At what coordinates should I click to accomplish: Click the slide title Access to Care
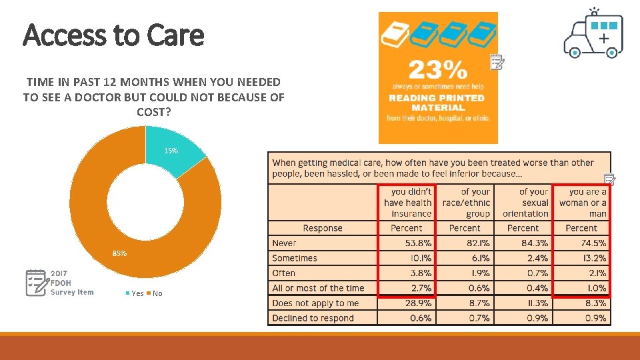point(113,35)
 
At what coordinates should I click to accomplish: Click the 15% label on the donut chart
point(171,151)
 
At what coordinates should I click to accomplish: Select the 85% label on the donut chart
point(119,253)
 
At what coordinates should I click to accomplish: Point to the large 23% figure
point(437,69)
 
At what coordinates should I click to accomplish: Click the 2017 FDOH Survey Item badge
point(60,283)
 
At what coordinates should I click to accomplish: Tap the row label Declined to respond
point(313,318)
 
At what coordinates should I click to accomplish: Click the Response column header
point(322,228)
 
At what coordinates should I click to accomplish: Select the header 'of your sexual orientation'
point(526,203)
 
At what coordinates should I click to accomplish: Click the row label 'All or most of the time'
point(318,288)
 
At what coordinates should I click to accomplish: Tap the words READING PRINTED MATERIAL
point(437,102)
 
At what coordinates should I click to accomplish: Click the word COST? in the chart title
point(153,112)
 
